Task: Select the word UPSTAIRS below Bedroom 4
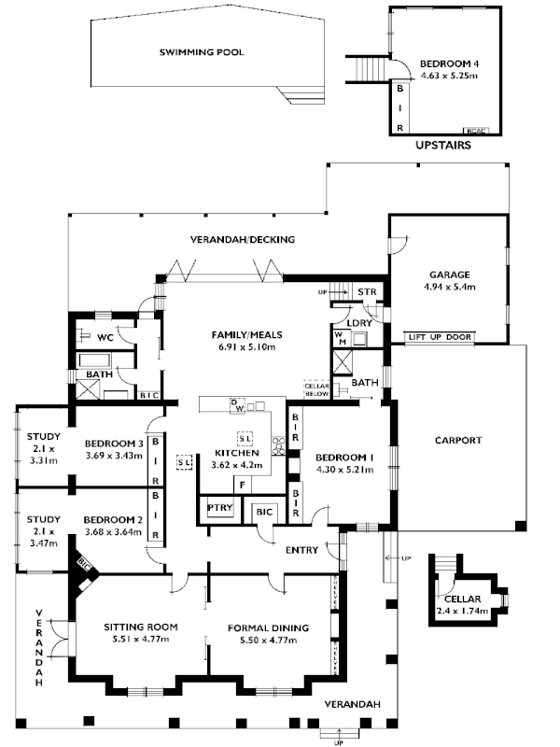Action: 440,147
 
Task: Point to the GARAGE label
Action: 448,275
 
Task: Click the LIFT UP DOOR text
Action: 440,336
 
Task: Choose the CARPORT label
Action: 458,440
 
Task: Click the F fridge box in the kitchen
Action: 242,485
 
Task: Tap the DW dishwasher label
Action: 239,408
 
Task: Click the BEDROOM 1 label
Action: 344,457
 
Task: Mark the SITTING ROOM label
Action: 140,627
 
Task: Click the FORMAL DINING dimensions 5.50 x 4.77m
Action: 269,640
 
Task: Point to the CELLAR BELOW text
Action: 315,388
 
